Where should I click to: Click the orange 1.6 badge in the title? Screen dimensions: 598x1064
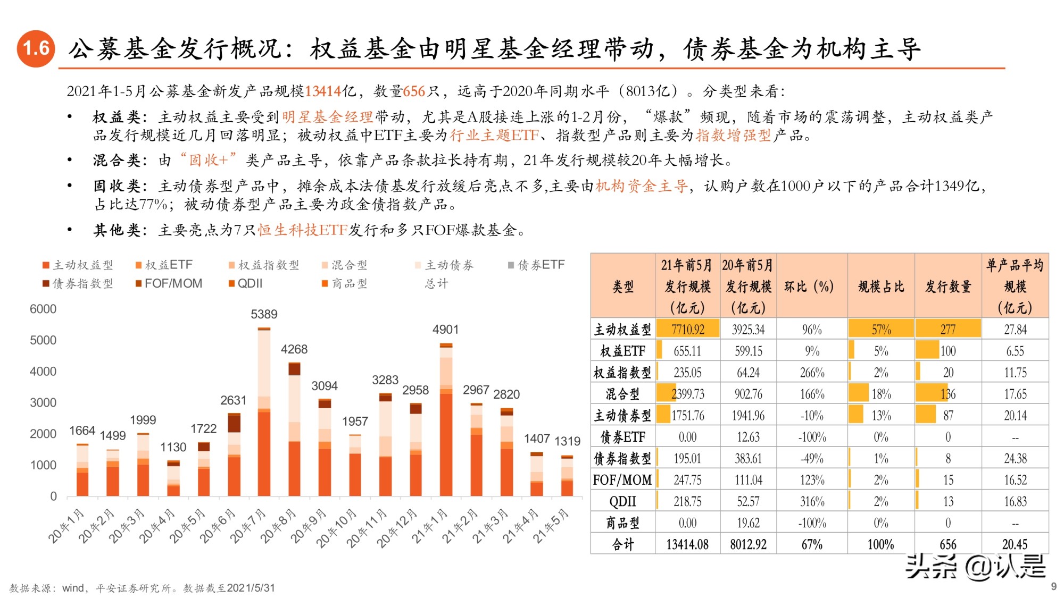tap(36, 49)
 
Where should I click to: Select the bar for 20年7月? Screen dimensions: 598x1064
tap(264, 412)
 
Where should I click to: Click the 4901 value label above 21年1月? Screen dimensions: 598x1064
tap(445, 330)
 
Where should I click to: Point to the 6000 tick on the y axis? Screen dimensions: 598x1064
tap(43, 309)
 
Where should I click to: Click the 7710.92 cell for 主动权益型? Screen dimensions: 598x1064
tap(687, 330)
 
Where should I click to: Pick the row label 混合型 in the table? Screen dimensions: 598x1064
tap(622, 394)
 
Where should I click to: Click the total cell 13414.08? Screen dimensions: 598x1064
tap(687, 544)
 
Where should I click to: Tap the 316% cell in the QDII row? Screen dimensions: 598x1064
tap(812, 501)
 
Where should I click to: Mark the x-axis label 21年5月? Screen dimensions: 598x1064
tap(552, 526)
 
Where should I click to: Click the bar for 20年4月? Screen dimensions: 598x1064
tap(173, 478)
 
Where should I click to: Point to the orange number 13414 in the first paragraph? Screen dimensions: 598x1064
tap(323, 91)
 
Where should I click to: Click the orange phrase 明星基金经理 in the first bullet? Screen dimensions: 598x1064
tap(327, 117)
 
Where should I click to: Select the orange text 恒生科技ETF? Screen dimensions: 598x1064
tap(303, 230)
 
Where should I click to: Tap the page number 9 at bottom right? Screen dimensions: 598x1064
tap(1053, 586)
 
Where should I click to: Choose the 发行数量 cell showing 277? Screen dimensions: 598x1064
tap(948, 330)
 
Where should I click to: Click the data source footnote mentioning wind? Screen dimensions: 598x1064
tap(142, 588)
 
